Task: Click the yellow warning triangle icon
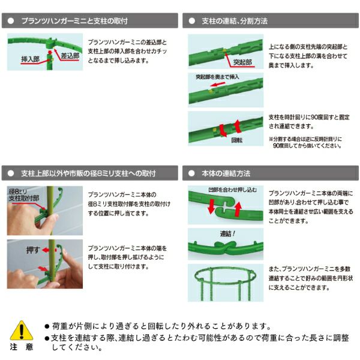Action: pyautogui.click(x=22, y=331)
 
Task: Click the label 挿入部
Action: pyautogui.click(x=31, y=59)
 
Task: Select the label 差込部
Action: pyautogui.click(x=70, y=56)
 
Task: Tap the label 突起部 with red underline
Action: pyautogui.click(x=242, y=62)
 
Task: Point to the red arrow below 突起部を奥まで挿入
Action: pyautogui.click(x=218, y=84)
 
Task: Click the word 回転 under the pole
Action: pyautogui.click(x=237, y=140)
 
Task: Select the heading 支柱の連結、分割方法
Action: pyautogui.click(x=235, y=21)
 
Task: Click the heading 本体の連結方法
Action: pyautogui.click(x=226, y=173)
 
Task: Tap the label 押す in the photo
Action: pyautogui.click(x=33, y=250)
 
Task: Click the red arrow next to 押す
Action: pyautogui.click(x=46, y=250)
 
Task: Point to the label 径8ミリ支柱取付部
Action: pyautogui.click(x=24, y=195)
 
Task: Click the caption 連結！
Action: pyautogui.click(x=227, y=234)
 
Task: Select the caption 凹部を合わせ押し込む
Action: pyautogui.click(x=233, y=190)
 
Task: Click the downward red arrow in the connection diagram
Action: pyautogui.click(x=211, y=206)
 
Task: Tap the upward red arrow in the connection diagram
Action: pyautogui.click(x=238, y=209)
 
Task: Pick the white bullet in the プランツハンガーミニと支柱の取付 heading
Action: pyautogui.click(x=11, y=21)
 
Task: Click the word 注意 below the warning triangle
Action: pyautogui.click(x=22, y=347)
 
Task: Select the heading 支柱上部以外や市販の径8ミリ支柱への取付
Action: pyautogui.click(x=88, y=173)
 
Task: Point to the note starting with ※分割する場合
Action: pyautogui.click(x=305, y=142)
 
